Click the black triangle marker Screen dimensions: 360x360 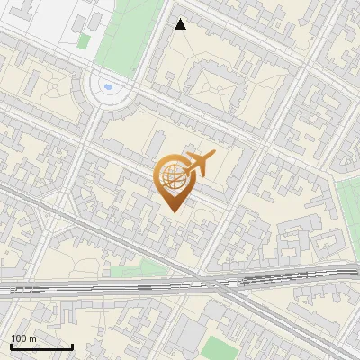[x=180, y=24]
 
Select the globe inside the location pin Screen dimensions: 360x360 [x=171, y=176]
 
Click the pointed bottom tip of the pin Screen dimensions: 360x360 [x=172, y=211]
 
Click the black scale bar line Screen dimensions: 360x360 [x=41, y=347]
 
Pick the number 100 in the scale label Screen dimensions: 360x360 [x=20, y=338]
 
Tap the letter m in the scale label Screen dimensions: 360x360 [x=33, y=339]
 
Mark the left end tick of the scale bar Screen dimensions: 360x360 [x=11, y=346]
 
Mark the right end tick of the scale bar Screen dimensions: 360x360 [x=72, y=346]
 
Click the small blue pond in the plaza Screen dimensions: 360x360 [x=109, y=87]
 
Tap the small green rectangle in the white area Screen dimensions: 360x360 [x=83, y=41]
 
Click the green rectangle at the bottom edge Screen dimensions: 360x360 [x=216, y=348]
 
